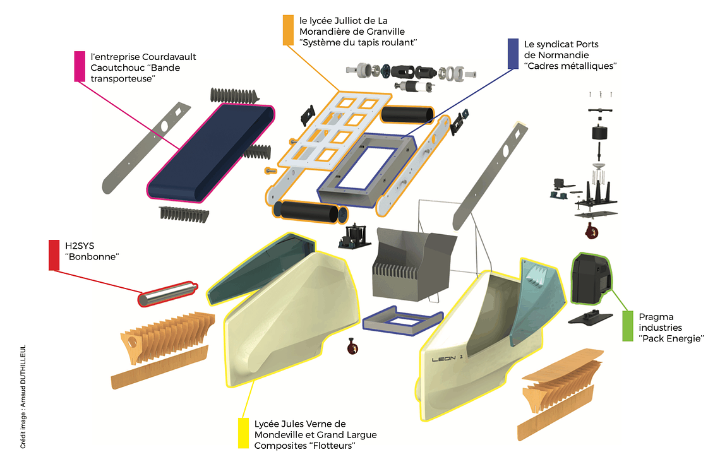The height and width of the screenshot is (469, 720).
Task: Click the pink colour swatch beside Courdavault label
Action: click(79, 66)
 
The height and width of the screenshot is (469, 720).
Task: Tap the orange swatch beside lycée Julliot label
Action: click(288, 30)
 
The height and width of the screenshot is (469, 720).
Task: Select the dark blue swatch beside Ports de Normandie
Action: click(513, 54)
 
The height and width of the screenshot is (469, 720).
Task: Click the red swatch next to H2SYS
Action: click(54, 254)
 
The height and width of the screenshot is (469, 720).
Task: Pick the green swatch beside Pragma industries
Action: click(628, 326)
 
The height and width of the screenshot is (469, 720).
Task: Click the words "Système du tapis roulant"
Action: click(359, 42)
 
